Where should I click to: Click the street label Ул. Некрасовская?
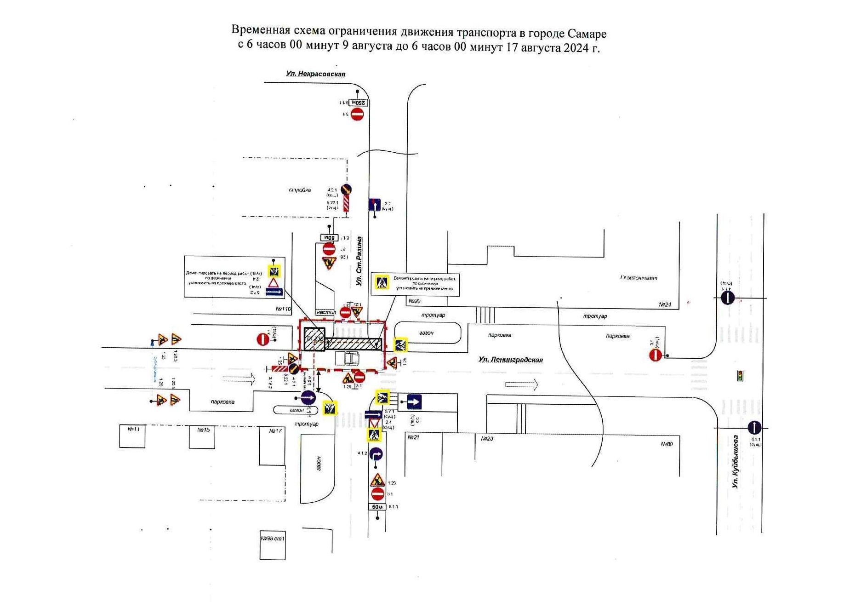tap(315, 74)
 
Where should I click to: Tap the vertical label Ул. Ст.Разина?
tap(359, 261)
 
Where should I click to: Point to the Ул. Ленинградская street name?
tap(510, 360)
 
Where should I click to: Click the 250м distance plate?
tap(359, 103)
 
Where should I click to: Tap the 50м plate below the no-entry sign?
tap(377, 507)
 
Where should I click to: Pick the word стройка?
tap(300, 190)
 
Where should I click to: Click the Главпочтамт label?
tap(639, 278)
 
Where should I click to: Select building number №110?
tap(283, 309)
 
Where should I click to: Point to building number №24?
tap(665, 304)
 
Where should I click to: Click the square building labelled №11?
tap(132, 436)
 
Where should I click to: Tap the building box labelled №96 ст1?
tap(273, 545)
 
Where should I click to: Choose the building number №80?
tap(667, 444)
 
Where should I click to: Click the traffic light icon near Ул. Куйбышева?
tap(740, 376)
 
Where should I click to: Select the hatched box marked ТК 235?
tap(314, 339)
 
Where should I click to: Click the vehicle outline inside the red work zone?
tap(348, 358)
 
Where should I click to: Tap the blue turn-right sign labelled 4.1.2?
tap(376, 454)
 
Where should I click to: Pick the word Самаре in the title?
tap(587, 34)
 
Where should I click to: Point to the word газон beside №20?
tap(426, 333)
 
